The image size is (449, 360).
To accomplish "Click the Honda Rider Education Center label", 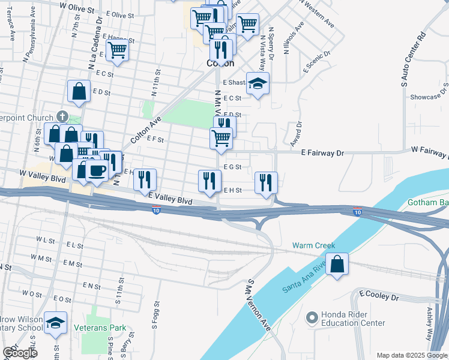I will pos(352,319).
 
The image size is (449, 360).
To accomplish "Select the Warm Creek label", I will pos(313,245).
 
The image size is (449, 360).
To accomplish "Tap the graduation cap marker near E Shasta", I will pos(258,83).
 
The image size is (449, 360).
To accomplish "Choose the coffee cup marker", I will pos(97,170).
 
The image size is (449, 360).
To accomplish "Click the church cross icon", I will pos(61,115).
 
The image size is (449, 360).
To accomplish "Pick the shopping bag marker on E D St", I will pos(79,91).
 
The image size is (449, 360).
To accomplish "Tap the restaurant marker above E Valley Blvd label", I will pos(145,179).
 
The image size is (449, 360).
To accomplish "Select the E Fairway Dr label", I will pos(323,153).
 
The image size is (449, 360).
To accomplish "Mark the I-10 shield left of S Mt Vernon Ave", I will pos(156,210).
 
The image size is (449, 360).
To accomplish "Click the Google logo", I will pos(20,353).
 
